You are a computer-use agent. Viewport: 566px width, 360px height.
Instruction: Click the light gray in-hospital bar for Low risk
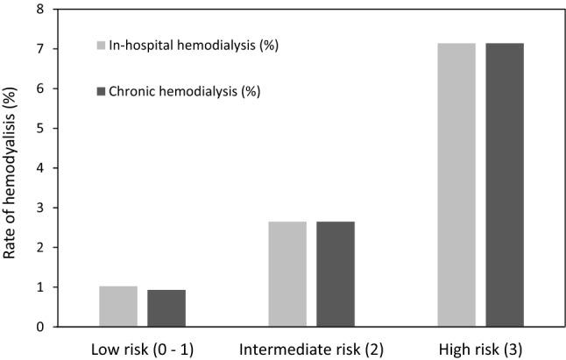coord(118,307)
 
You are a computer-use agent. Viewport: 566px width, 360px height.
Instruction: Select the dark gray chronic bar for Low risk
coord(166,308)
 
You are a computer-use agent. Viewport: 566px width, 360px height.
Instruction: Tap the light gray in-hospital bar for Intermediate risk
coord(287,274)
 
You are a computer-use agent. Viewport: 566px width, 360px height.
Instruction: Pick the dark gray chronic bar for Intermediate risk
coord(336,274)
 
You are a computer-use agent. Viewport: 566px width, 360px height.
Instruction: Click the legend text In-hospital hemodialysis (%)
coord(195,45)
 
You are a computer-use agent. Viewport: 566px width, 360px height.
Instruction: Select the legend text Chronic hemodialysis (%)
coord(185,90)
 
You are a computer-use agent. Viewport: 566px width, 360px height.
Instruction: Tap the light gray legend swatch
coord(101,45)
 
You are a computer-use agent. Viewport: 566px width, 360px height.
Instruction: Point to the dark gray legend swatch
coord(101,90)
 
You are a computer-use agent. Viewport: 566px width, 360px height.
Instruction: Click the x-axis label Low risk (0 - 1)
coord(142,349)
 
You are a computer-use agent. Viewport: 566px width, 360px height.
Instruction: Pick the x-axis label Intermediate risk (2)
coord(311,349)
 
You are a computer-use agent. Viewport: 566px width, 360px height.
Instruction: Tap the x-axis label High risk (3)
coord(480,349)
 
